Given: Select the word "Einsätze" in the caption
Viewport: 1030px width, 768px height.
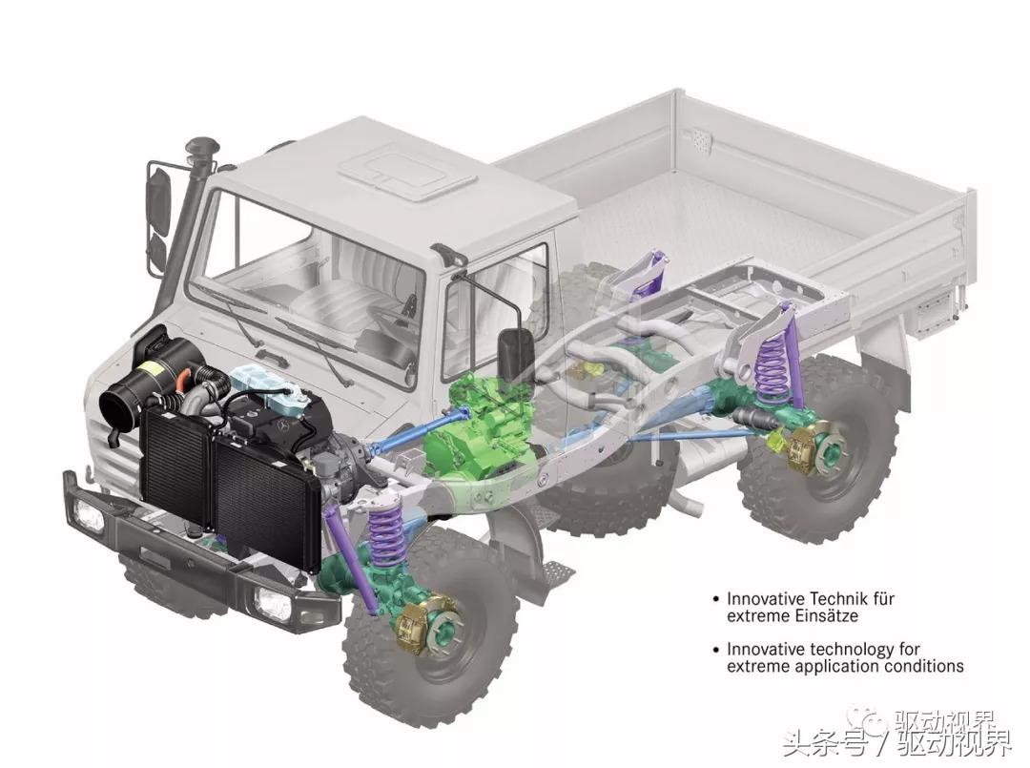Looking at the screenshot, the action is [x=824, y=616].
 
